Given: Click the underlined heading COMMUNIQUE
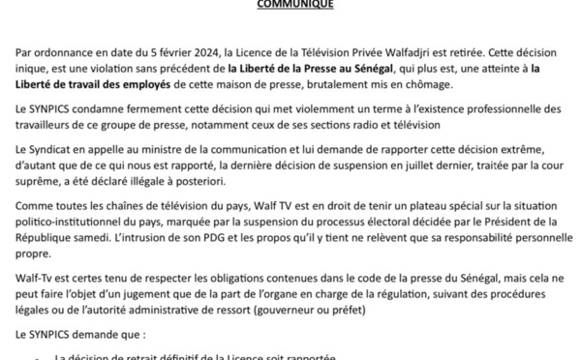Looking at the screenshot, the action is (x=290, y=4).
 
